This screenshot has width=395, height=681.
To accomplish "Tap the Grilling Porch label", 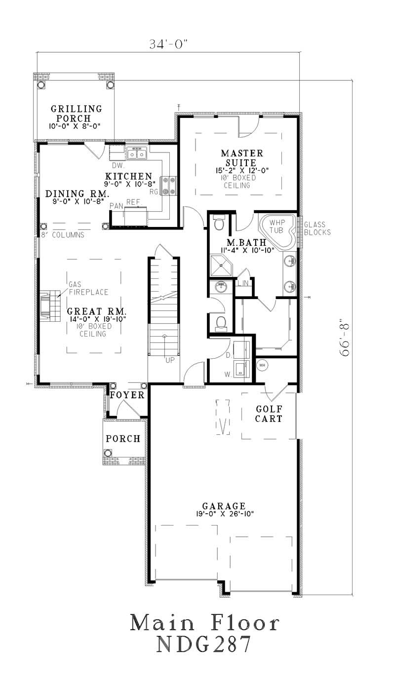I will [76, 113].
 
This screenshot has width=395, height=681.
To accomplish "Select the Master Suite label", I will [238, 157].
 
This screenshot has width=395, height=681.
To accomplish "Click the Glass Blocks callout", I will [317, 228].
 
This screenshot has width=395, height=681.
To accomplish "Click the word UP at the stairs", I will [170, 360].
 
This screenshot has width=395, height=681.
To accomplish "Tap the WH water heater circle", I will [262, 365].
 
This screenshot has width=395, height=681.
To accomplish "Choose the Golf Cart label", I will [269, 414].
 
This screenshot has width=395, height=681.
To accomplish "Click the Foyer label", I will [127, 395].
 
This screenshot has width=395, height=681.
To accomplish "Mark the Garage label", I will [224, 506].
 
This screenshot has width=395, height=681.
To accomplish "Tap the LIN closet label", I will [243, 283].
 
